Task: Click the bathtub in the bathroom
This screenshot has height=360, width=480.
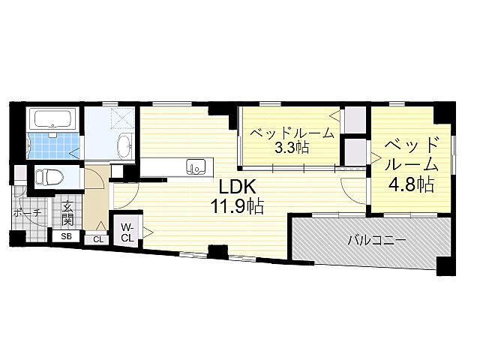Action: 52,118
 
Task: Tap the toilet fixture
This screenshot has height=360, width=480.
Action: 49,177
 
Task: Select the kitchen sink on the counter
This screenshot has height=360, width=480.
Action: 196,166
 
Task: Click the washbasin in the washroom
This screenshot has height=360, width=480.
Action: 124,146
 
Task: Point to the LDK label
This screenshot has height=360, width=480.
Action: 238,187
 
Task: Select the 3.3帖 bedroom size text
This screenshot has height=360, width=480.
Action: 292,148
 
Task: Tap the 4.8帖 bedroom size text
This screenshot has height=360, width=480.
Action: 411,184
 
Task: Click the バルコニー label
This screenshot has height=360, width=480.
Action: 376,241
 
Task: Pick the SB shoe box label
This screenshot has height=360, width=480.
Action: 66,236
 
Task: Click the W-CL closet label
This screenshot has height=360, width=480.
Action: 127,232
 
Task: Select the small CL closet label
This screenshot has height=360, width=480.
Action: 98,239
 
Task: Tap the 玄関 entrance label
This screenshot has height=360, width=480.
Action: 67,213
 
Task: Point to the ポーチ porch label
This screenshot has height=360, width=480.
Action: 27,212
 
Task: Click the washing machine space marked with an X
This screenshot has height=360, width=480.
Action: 122,117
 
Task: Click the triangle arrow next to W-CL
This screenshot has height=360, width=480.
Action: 148,232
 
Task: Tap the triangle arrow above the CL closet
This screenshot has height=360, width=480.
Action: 101,226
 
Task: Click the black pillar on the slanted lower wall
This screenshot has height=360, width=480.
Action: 218,252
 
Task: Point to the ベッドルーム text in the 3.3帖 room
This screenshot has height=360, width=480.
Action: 292,133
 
